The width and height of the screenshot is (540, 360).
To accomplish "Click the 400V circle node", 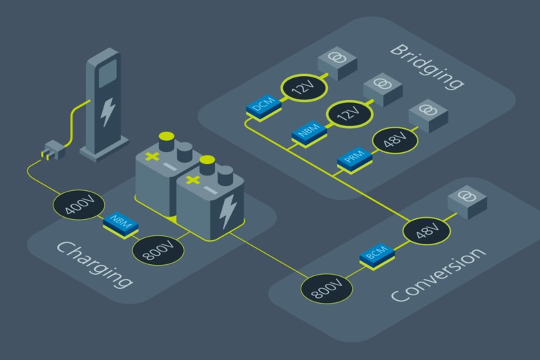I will pyautogui.click(x=75, y=206).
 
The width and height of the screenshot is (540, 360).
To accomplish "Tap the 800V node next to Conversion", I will pyautogui.click(x=326, y=287).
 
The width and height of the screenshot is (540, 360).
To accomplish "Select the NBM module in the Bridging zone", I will pyautogui.click(x=308, y=132).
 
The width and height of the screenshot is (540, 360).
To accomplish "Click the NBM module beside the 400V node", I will pyautogui.click(x=120, y=223).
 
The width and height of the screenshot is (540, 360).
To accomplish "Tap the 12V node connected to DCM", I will pyautogui.click(x=301, y=88).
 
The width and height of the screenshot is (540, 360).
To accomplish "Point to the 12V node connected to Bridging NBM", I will pyautogui.click(x=349, y=115).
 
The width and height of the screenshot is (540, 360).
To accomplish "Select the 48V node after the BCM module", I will pyautogui.click(x=426, y=231).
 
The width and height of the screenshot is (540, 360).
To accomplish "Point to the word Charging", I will pyautogui.click(x=94, y=264).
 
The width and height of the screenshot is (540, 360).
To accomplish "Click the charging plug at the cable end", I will pyautogui.click(x=53, y=149).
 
